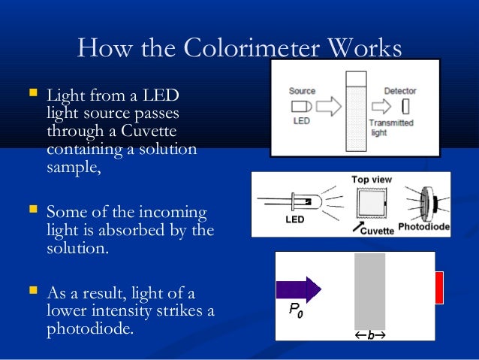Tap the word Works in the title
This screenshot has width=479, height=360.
(x=365, y=50)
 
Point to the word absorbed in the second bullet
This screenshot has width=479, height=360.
(x=145, y=229)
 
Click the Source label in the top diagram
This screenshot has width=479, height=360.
(x=302, y=91)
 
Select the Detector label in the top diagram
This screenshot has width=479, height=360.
(x=399, y=91)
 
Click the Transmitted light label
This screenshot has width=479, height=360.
(x=391, y=126)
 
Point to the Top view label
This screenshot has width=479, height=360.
(x=371, y=180)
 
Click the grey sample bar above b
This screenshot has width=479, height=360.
(x=369, y=289)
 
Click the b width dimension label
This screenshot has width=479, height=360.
(x=369, y=336)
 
